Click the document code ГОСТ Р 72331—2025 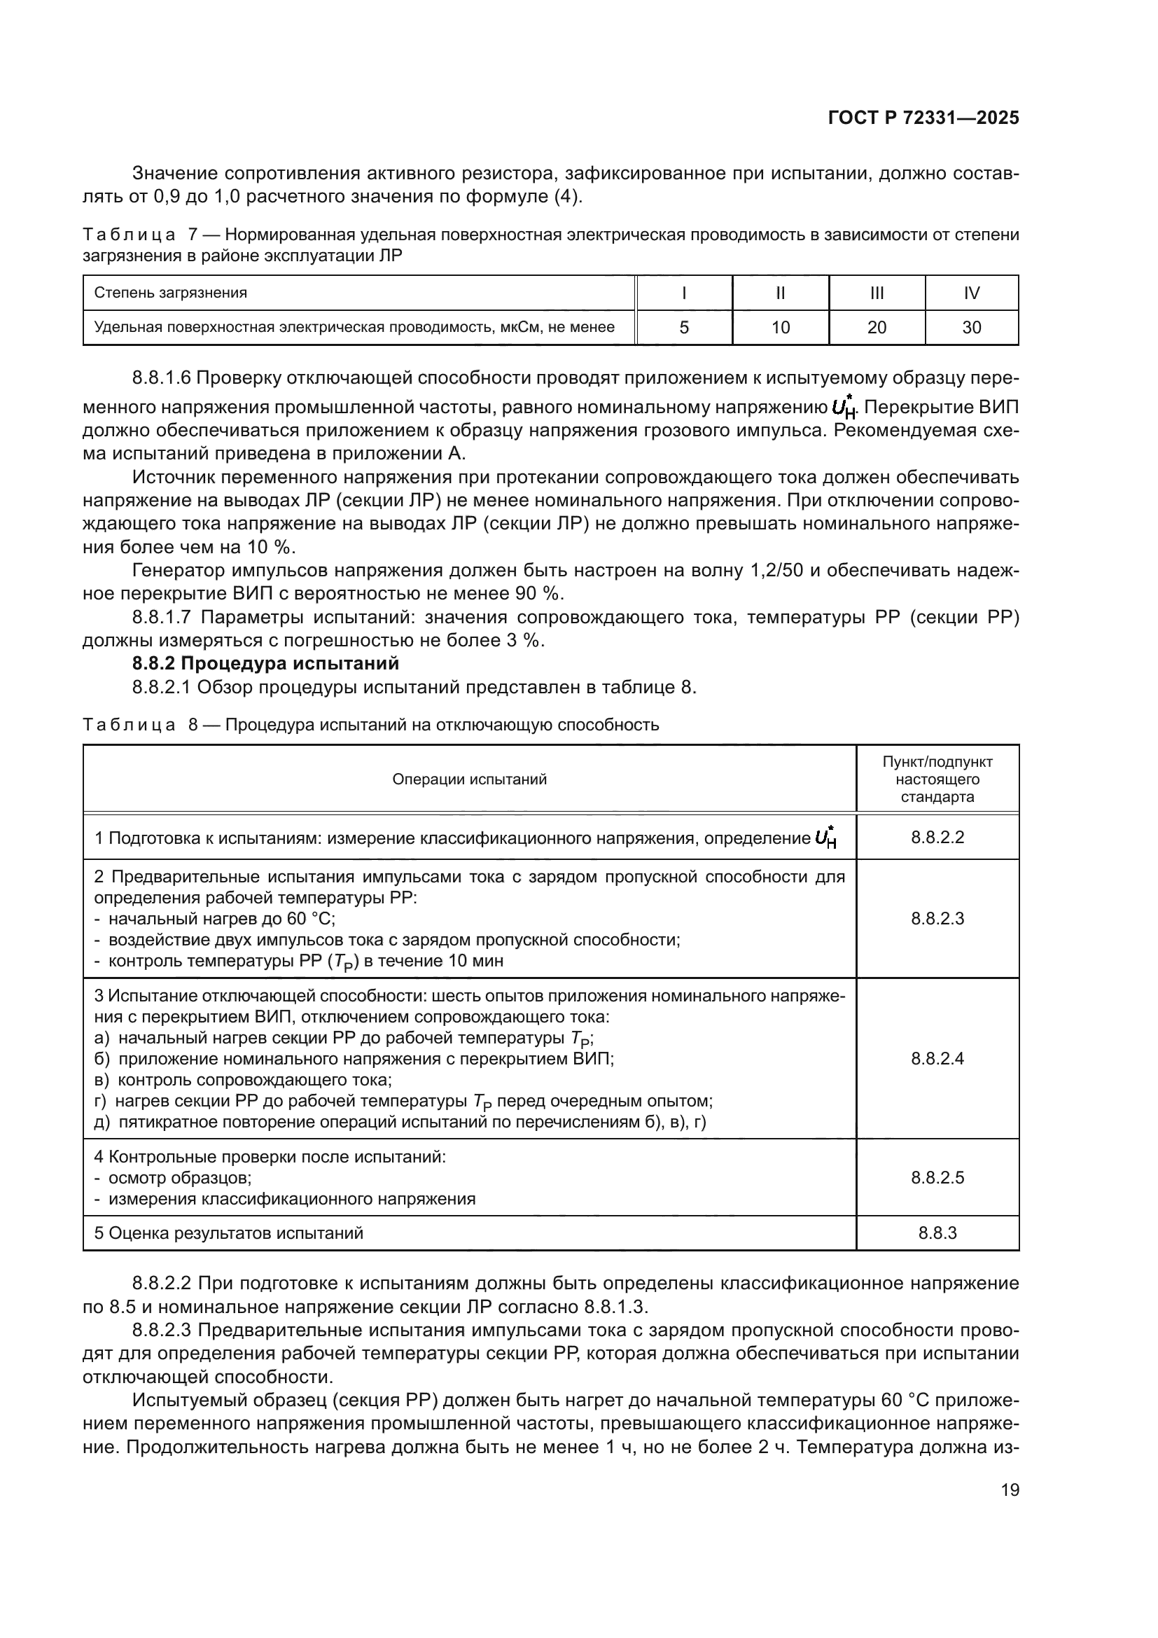click(923, 118)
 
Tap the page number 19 click(1010, 1490)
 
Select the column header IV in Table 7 click(971, 293)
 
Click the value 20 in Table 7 click(877, 328)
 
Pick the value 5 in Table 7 click(684, 328)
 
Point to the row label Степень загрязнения click(171, 293)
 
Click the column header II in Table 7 click(780, 293)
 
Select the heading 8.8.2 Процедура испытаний click(265, 663)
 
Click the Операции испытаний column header click(469, 779)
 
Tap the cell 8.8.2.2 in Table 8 click(937, 838)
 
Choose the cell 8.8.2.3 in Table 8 click(937, 919)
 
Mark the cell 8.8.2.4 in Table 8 click(937, 1059)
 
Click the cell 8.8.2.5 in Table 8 click(937, 1178)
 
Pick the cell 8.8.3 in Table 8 click(937, 1233)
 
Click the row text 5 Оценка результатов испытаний click(229, 1233)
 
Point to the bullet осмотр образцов click(179, 1178)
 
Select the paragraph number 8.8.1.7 click(161, 617)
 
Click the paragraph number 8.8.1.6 click(161, 377)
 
